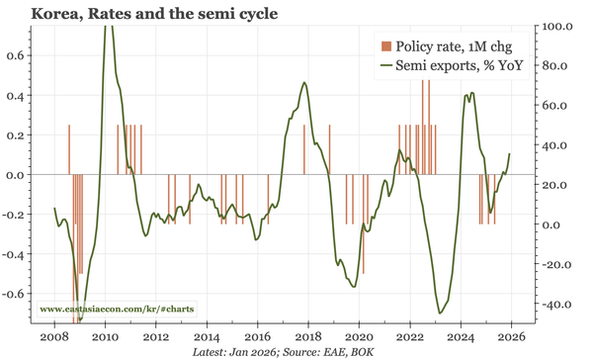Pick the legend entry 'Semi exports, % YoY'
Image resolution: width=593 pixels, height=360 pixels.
click(459, 66)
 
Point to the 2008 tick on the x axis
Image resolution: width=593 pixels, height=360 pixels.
click(54, 335)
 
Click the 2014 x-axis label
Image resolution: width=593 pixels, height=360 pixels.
click(207, 335)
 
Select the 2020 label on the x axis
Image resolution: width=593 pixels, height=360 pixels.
click(359, 335)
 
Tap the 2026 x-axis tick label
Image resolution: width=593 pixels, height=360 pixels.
click(511, 335)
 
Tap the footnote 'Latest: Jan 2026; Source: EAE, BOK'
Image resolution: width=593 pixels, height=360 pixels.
click(296, 351)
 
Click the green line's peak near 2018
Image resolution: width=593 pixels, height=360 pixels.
click(304, 83)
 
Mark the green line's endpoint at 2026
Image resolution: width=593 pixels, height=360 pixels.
click(510, 153)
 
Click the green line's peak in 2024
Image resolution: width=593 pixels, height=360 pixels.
click(470, 94)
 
